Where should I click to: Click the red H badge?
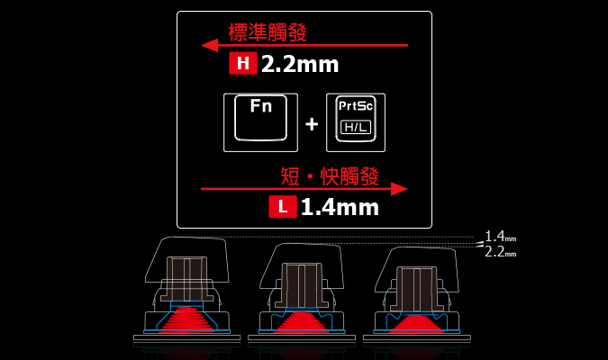point(243,63)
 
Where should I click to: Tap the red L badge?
point(283,206)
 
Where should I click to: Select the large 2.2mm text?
point(300,64)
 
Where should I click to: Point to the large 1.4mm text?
point(340,207)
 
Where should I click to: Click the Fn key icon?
point(260,122)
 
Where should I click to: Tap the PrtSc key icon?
point(356,122)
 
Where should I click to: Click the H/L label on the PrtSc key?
point(356,127)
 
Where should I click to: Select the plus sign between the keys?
point(312,124)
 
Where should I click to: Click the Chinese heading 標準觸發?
point(268,32)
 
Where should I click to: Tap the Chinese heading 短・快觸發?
point(330,176)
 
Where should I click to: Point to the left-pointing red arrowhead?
point(210,45)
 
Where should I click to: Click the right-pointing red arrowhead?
point(399,189)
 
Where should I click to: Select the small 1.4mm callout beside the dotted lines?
point(501,236)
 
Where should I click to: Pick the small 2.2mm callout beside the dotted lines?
point(501,252)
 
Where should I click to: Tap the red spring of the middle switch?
point(301,322)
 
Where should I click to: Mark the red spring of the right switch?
point(416,324)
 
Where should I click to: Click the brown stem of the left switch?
point(186,278)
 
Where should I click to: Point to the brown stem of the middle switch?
point(301,285)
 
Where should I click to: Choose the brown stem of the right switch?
point(416,288)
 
